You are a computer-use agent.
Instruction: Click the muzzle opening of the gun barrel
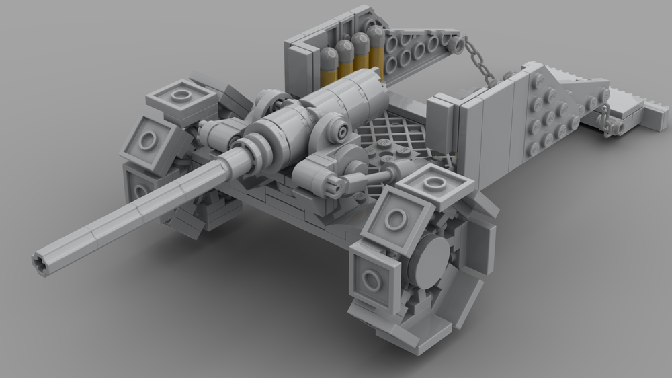pyautogui.click(x=40, y=263)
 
